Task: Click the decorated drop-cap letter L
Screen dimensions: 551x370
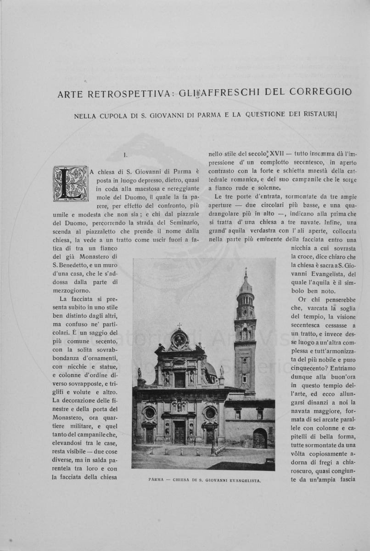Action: (70, 184)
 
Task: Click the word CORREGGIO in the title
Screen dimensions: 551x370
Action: (321, 92)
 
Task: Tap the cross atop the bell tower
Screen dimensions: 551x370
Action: (246, 272)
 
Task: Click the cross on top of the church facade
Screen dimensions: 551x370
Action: (179, 325)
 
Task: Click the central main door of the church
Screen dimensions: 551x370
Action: (179, 433)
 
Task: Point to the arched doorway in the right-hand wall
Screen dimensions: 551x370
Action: (259, 439)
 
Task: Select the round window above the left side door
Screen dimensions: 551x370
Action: (150, 412)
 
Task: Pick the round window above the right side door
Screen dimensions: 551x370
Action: (210, 412)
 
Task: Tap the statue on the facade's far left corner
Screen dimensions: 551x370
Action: (140, 373)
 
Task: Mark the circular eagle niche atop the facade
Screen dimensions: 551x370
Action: (179, 340)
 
